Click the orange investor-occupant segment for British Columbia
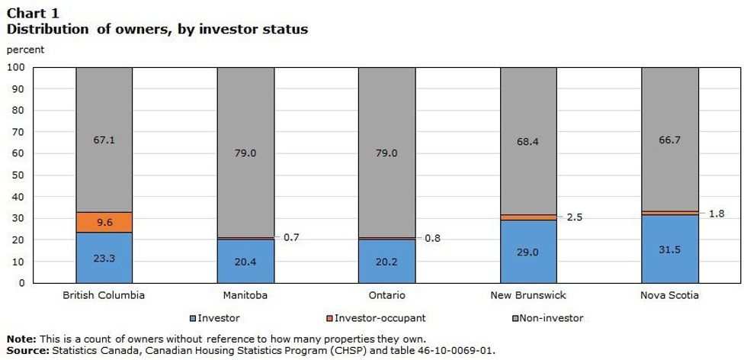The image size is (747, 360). tap(104, 222)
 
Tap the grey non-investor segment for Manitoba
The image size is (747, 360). tap(245, 153)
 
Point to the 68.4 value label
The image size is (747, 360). tap(529, 142)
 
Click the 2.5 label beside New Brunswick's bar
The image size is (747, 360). tap(575, 217)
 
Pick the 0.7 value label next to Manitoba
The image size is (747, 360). tap(292, 237)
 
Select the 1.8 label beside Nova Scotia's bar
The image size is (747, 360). tap(716, 214)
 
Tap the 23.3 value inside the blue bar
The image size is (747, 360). tap(104, 259)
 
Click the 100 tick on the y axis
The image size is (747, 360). tap(17, 67)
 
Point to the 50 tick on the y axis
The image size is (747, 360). tap(20, 175)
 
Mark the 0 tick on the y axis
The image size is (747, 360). tap(23, 283)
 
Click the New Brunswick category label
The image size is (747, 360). tap(528, 294)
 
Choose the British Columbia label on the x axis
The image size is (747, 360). tap(104, 294)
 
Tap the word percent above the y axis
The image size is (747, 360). tap(25, 50)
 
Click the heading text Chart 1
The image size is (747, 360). tap(32, 13)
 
